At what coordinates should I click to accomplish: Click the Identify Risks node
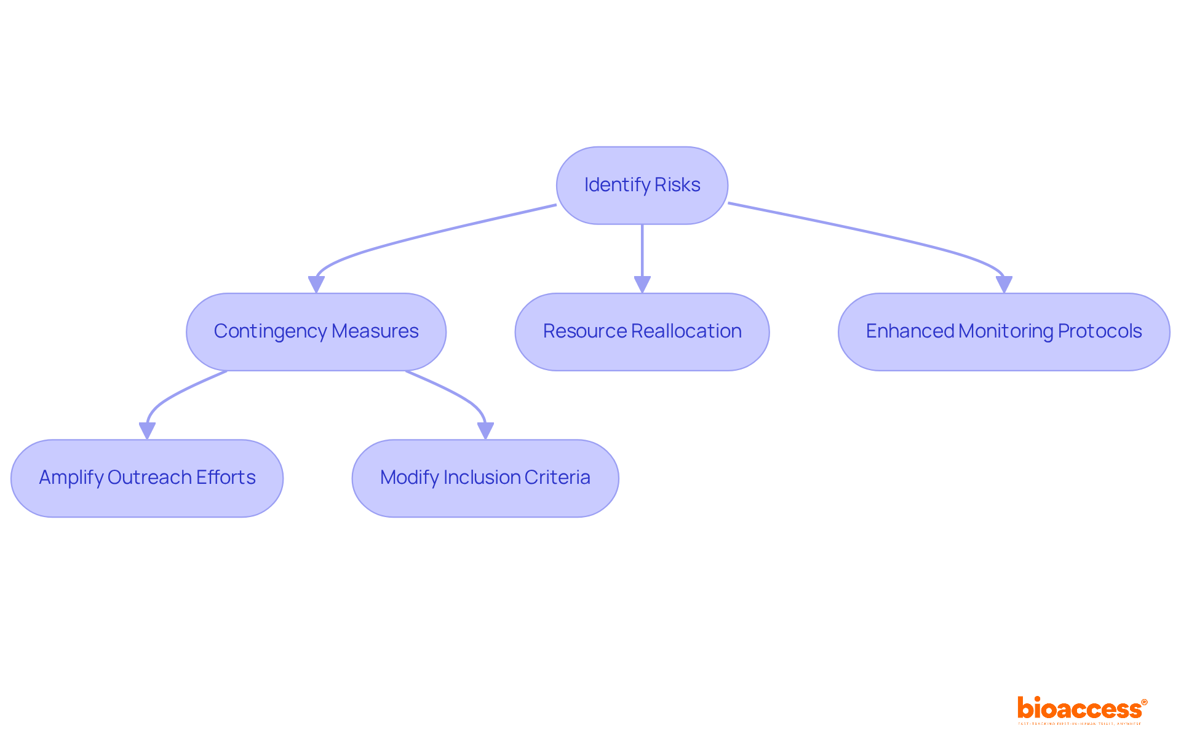(642, 185)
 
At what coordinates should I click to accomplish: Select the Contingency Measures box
(316, 331)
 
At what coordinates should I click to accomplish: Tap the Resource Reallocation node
(642, 331)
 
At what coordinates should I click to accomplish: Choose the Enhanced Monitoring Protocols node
(1003, 331)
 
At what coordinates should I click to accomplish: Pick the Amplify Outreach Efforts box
(147, 478)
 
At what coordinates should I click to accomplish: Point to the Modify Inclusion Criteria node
(485, 478)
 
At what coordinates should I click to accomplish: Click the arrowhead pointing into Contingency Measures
(316, 284)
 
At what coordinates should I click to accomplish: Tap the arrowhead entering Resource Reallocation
(642, 284)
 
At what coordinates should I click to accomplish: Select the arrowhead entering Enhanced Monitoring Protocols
(1004, 284)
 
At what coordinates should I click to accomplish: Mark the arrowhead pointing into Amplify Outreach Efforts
(147, 430)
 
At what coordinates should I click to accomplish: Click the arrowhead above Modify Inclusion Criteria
(485, 430)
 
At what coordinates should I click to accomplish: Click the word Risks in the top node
(677, 185)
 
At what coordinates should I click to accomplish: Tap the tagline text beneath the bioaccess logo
(1080, 724)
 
